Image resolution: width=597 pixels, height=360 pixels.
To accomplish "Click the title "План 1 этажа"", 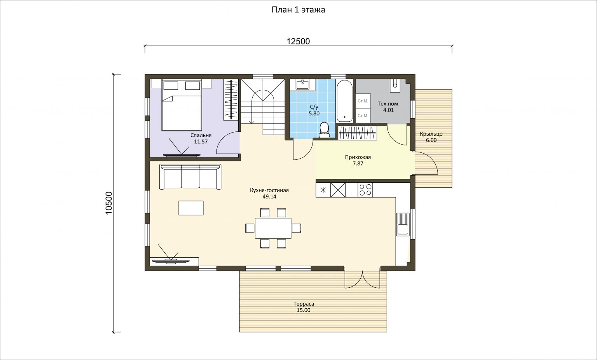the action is pyautogui.click(x=298, y=10).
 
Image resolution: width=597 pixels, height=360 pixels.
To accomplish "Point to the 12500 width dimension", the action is pyautogui.click(x=298, y=42).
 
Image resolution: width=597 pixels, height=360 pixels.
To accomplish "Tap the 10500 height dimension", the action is pyautogui.click(x=109, y=203).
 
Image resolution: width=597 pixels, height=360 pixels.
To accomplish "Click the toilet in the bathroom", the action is pyautogui.click(x=324, y=130).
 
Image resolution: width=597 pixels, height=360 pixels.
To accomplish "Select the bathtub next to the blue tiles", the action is pyautogui.click(x=344, y=101).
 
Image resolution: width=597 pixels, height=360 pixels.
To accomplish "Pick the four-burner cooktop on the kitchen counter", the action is pyautogui.click(x=365, y=190).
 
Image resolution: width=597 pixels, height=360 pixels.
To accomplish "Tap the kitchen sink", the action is pyautogui.click(x=402, y=224).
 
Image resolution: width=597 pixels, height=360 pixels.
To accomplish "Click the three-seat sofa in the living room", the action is pyautogui.click(x=190, y=177).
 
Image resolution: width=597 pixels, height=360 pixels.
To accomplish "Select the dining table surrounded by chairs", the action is pyautogui.click(x=273, y=228).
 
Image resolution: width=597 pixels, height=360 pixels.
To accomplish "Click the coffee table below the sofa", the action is pyautogui.click(x=191, y=208).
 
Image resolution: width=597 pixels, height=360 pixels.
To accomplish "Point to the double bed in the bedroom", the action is pyautogui.click(x=182, y=105).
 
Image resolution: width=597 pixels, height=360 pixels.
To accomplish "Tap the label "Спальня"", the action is pyautogui.click(x=201, y=135).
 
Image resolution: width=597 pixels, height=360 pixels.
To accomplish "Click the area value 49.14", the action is pyautogui.click(x=269, y=197).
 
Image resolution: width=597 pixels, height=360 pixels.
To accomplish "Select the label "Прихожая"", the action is pyautogui.click(x=358, y=157).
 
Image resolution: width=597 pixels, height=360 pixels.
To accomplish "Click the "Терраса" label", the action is pyautogui.click(x=304, y=304).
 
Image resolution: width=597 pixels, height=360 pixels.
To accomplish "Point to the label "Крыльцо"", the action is pyautogui.click(x=431, y=134).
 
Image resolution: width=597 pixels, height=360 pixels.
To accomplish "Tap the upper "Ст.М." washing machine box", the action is pyautogui.click(x=363, y=101).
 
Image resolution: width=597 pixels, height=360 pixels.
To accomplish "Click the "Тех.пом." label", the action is pyautogui.click(x=389, y=104).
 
